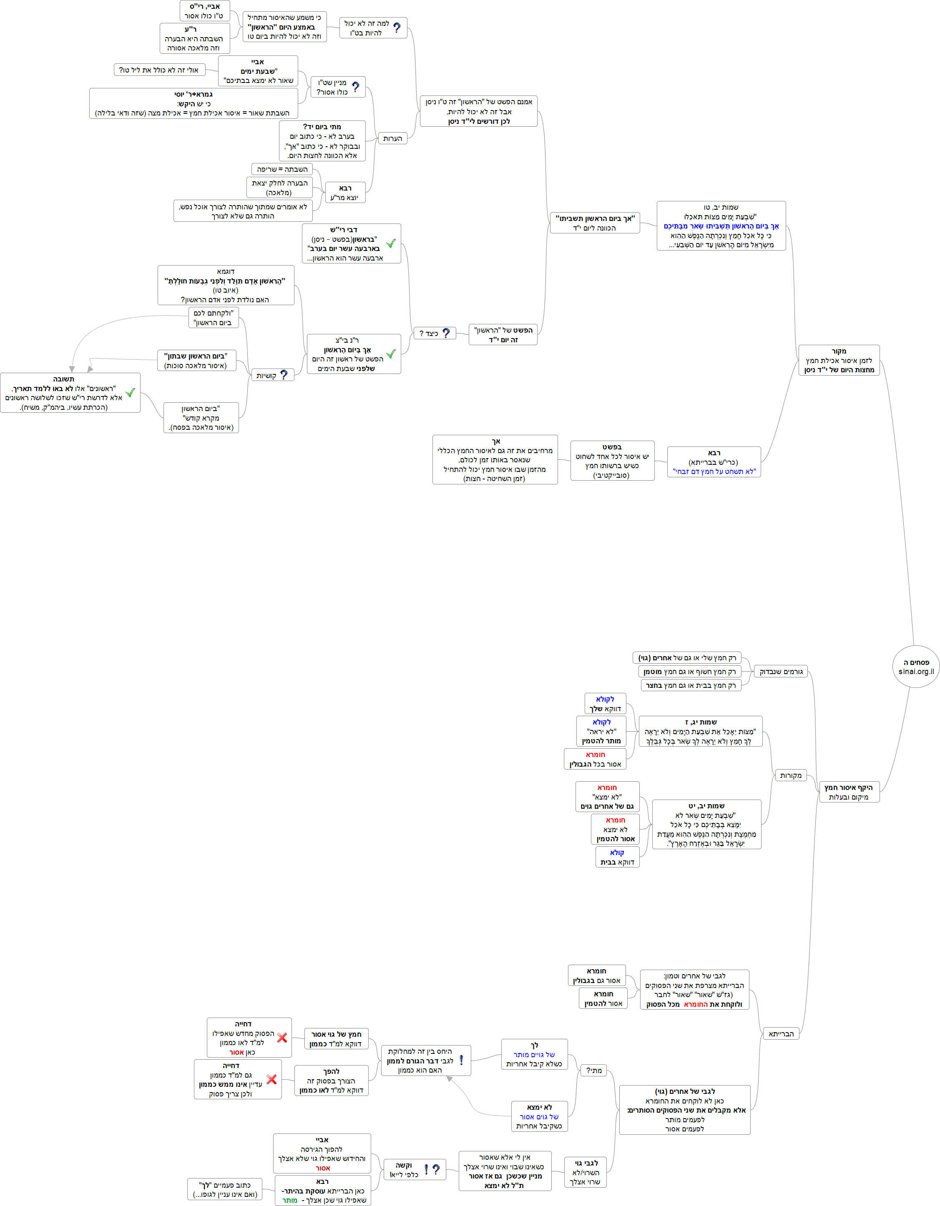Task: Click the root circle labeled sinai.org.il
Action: click(916, 667)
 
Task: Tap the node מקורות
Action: click(790, 775)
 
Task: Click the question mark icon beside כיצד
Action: click(446, 333)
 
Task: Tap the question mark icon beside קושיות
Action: click(284, 375)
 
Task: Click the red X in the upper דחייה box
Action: click(281, 1038)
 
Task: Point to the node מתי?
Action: click(594, 1070)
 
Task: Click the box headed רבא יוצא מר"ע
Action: click(345, 193)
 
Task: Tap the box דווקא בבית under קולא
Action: click(617, 857)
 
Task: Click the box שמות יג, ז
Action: click(700, 731)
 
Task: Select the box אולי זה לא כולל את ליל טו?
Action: click(159, 70)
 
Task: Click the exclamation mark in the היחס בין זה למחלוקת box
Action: click(461, 1060)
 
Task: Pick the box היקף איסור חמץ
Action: click(848, 792)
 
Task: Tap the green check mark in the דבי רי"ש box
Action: click(391, 243)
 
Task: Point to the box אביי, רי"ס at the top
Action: click(205, 11)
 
